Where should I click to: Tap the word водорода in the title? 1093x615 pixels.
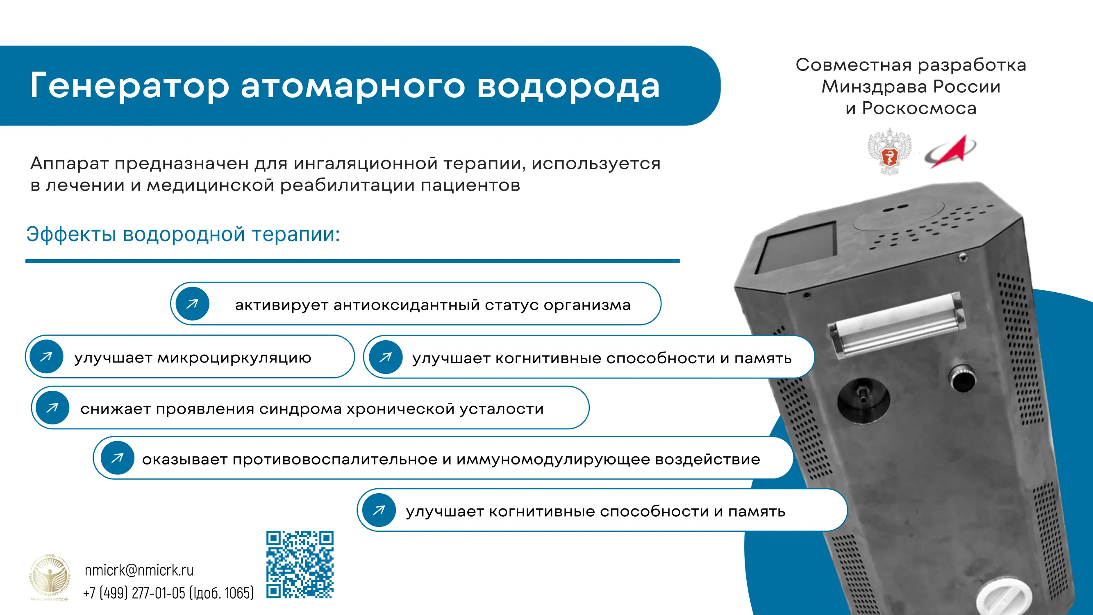(568, 86)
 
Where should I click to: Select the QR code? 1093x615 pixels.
(300, 565)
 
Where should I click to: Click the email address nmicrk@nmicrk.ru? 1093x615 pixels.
(139, 570)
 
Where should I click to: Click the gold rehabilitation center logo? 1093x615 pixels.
(50, 577)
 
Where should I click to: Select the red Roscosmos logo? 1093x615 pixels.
(950, 151)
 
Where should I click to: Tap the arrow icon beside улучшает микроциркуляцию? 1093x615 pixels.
(46, 357)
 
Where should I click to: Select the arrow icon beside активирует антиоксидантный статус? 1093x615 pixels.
(192, 303)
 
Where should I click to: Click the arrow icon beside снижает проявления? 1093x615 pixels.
(52, 408)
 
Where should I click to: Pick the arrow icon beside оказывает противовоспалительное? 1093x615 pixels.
(118, 458)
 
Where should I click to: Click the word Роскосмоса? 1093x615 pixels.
(919, 109)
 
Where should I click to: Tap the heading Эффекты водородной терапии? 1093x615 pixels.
(183, 234)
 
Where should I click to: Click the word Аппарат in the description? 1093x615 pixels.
(70, 164)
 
